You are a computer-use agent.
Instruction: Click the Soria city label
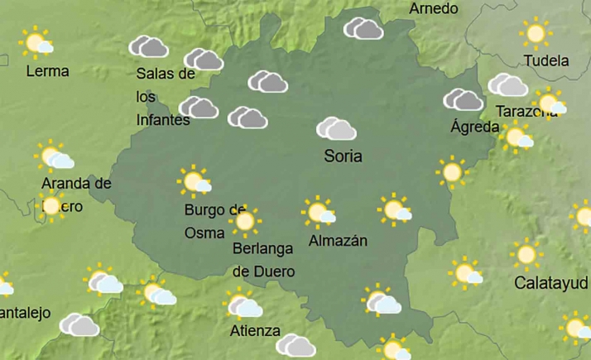tap(343, 156)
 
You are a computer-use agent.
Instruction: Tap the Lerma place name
tap(47, 71)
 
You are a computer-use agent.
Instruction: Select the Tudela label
tap(546, 60)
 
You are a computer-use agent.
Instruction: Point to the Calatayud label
tap(551, 283)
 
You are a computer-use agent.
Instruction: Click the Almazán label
tap(337, 241)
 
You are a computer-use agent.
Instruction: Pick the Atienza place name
tap(254, 332)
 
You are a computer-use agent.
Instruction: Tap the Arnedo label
tap(433, 8)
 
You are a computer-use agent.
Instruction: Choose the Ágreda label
tap(474, 127)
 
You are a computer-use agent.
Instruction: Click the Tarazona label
tap(524, 111)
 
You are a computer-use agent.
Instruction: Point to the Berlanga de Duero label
tap(263, 259)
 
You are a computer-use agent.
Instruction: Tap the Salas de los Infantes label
tap(165, 97)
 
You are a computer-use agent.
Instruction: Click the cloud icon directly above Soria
tap(336, 128)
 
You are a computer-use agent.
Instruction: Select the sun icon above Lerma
tap(36, 41)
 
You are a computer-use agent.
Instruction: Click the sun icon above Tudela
tap(536, 33)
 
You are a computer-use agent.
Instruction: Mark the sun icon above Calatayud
tap(526, 254)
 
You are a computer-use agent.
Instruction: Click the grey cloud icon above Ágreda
tap(464, 100)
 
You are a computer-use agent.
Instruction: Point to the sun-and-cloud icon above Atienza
tap(243, 305)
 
